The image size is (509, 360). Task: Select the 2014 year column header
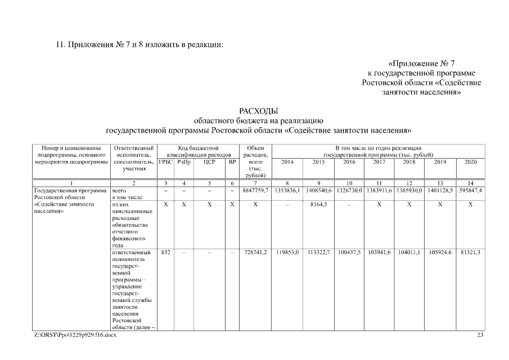point(287,162)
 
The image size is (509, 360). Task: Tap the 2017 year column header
point(379,162)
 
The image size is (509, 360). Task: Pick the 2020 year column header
point(470,162)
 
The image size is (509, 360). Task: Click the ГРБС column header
point(165,162)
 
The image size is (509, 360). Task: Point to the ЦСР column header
point(209,162)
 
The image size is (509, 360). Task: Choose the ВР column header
point(232,162)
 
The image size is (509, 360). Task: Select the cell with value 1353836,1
point(287,191)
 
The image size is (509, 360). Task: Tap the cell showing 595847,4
point(470,191)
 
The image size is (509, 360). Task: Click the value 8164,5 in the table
point(318,205)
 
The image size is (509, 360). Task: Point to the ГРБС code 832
point(165,253)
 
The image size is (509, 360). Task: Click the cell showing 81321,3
point(470,253)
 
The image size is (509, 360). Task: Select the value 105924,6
point(440,253)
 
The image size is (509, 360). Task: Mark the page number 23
point(480,335)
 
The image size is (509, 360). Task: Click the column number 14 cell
point(470,183)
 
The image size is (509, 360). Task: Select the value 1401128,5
point(440,191)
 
